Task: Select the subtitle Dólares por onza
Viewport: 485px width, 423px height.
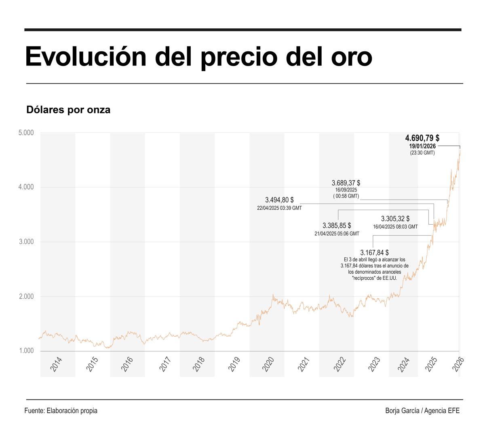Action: (68, 110)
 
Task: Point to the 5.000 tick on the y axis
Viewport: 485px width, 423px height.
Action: (26, 133)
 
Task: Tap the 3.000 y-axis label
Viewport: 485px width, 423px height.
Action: (26, 242)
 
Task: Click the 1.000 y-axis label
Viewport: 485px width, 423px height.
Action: (26, 351)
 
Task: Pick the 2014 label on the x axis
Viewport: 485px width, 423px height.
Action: (56, 364)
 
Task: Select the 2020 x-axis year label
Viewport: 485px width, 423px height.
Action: (268, 364)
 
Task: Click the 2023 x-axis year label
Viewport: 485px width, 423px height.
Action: (374, 364)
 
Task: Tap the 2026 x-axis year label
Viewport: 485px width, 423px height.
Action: (458, 364)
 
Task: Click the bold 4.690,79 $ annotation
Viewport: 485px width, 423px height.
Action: (422, 138)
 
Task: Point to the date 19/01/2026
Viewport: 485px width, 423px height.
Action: (422, 146)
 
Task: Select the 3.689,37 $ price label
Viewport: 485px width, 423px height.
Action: (346, 183)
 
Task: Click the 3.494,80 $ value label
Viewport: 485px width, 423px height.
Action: (279, 200)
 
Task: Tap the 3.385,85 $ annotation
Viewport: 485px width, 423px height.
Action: (337, 225)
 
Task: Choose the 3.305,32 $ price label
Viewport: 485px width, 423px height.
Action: (395, 219)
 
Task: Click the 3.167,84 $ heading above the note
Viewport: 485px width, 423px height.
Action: (375, 253)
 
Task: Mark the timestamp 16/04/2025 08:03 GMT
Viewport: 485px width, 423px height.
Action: (395, 227)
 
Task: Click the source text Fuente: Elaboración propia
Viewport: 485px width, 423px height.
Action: (61, 410)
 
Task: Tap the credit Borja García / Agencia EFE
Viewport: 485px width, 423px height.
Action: (422, 410)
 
